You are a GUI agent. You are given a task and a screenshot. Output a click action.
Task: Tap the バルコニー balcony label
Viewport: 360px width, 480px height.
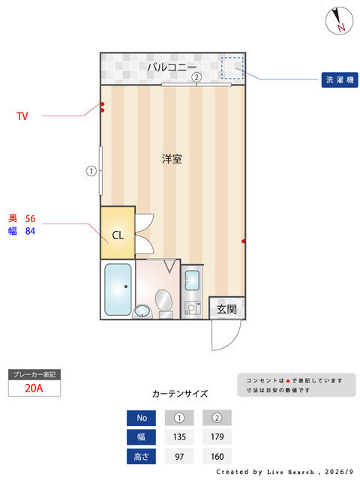(172, 67)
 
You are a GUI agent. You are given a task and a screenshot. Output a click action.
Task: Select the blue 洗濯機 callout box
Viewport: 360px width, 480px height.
(340, 80)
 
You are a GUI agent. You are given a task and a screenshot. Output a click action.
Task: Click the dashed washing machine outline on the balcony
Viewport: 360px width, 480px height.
(232, 67)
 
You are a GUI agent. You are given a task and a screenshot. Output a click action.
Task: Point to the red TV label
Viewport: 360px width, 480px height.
(22, 116)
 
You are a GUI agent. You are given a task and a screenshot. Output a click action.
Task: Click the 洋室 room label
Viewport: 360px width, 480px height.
(172, 159)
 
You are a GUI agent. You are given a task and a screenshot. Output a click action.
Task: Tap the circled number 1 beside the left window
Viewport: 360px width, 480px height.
(91, 171)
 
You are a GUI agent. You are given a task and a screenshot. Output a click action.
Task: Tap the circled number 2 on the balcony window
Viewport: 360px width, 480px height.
(196, 76)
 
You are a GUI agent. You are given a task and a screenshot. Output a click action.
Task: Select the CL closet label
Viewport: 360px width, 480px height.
(118, 235)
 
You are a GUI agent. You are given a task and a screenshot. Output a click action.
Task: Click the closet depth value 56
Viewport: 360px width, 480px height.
(30, 218)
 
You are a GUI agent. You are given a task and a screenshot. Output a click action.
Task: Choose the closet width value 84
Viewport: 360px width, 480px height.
(30, 231)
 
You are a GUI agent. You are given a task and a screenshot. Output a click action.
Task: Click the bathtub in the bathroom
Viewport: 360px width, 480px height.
(118, 289)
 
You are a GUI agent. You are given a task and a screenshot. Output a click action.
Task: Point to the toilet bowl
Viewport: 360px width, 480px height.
(163, 299)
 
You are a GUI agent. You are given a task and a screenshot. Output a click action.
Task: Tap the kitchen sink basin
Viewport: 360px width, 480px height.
(192, 280)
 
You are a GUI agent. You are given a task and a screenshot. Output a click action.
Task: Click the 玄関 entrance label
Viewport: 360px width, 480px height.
(226, 309)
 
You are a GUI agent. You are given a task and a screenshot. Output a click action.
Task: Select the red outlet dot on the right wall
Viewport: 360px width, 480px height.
(243, 241)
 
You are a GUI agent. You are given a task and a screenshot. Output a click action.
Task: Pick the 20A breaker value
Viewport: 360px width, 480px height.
(34, 388)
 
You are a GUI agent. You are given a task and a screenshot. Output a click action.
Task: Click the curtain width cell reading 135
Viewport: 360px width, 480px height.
(179, 436)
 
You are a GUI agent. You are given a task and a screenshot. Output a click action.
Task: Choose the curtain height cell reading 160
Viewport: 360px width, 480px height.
(217, 457)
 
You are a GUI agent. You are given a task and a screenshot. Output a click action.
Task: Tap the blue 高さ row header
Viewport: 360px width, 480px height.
(142, 457)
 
